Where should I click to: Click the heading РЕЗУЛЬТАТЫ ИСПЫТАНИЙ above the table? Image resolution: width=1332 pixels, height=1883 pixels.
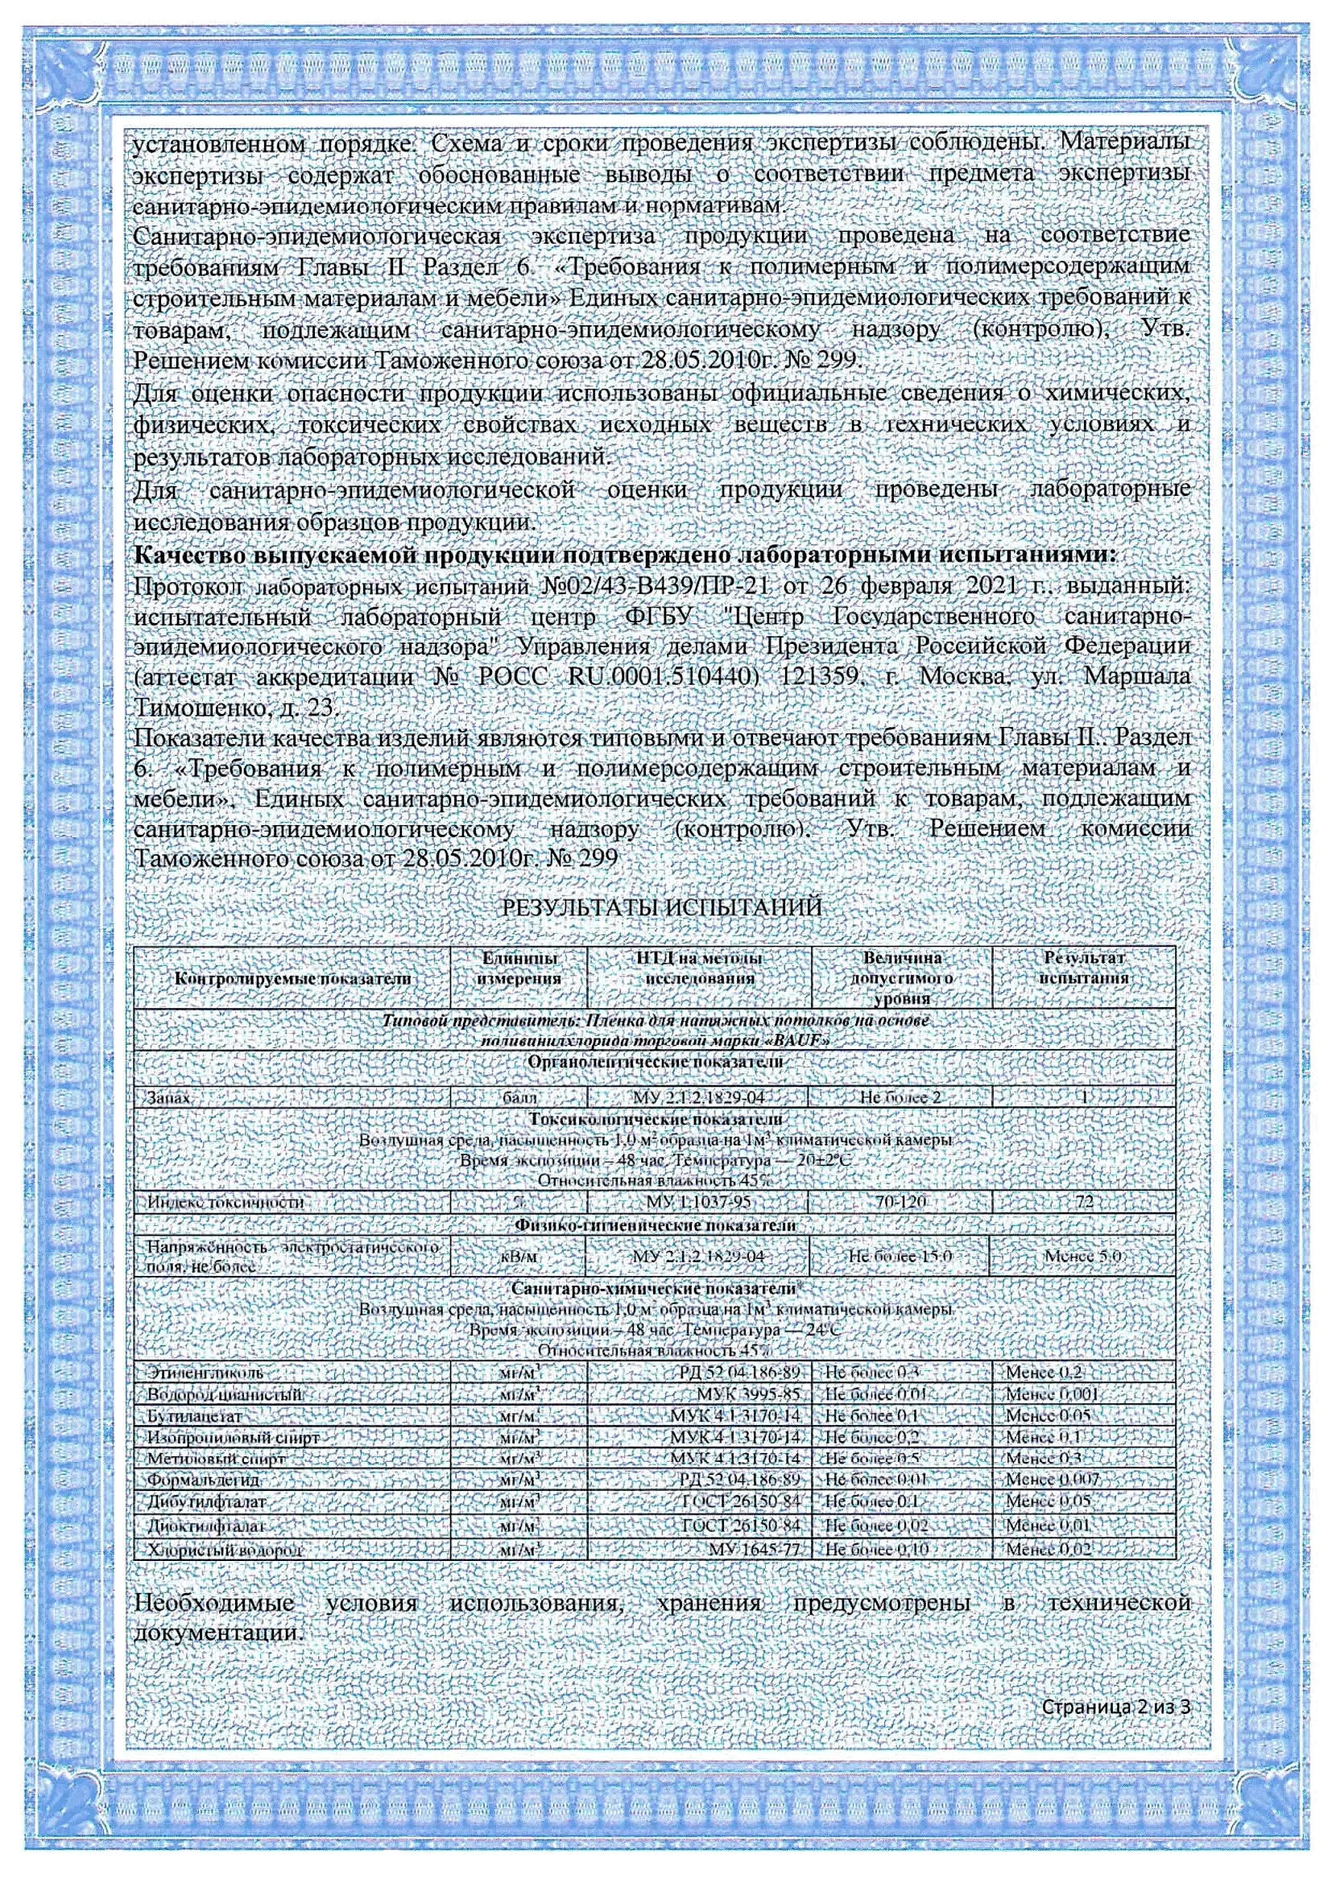pyautogui.click(x=661, y=908)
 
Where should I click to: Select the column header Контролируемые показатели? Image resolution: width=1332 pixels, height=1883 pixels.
pyautogui.click(x=293, y=978)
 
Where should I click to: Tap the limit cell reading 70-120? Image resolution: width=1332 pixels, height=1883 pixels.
pyautogui.click(x=900, y=1203)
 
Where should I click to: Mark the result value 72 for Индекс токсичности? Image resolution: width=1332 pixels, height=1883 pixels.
pyautogui.click(x=1083, y=1203)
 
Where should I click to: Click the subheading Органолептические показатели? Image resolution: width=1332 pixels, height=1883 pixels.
pyautogui.click(x=656, y=1062)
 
